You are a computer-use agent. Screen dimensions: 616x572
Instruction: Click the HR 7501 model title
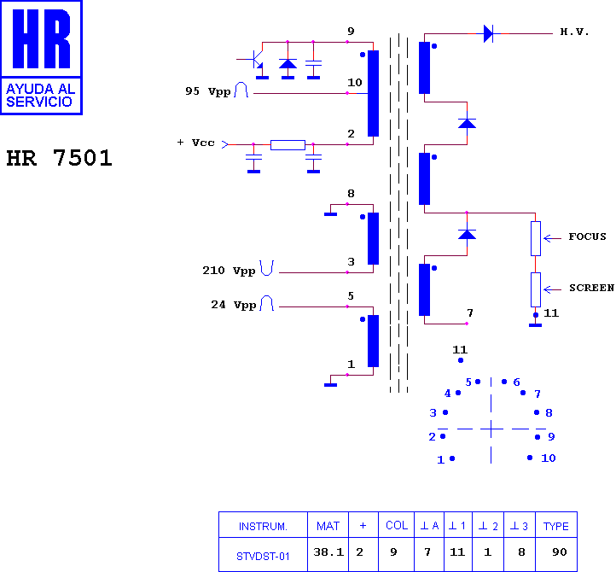pyautogui.click(x=60, y=158)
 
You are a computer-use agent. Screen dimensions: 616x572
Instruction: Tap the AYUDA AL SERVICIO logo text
pyautogui.click(x=40, y=95)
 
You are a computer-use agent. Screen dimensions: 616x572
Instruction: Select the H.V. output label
pyautogui.click(x=574, y=32)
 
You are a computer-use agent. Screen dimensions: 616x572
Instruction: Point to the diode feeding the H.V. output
pyautogui.click(x=488, y=33)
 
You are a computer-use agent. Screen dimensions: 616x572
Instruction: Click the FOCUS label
pyautogui.click(x=587, y=236)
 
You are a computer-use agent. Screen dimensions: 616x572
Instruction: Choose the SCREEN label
pyautogui.click(x=591, y=288)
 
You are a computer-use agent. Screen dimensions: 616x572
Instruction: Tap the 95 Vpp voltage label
pyautogui.click(x=208, y=91)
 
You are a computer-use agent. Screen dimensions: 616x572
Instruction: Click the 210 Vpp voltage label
pyautogui.click(x=229, y=271)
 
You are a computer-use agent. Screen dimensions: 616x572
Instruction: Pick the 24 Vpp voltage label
pyautogui.click(x=234, y=305)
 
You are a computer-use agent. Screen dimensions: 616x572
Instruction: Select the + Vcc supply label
pyautogui.click(x=195, y=143)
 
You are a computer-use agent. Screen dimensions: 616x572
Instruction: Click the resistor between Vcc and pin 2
pyautogui.click(x=288, y=144)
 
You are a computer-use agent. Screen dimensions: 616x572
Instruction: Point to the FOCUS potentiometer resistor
pyautogui.click(x=536, y=238)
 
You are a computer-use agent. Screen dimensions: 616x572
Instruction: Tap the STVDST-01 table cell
pyautogui.click(x=263, y=557)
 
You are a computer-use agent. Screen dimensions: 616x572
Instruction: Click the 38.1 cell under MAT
pyautogui.click(x=328, y=552)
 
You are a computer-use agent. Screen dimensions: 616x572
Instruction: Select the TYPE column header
pyautogui.click(x=556, y=526)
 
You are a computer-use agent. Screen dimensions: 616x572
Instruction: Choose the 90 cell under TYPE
pyautogui.click(x=560, y=552)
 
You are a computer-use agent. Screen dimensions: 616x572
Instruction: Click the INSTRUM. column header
pyautogui.click(x=263, y=527)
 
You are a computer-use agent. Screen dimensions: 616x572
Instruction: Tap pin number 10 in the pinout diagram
pyautogui.click(x=548, y=458)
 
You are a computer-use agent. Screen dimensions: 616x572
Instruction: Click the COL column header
pyautogui.click(x=397, y=526)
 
